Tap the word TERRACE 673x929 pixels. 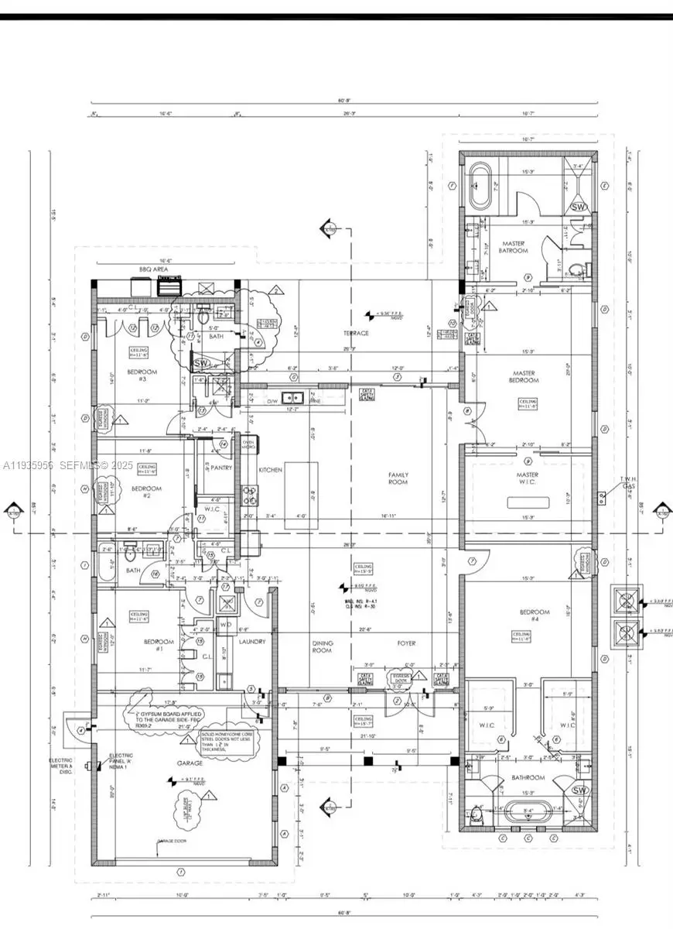356,333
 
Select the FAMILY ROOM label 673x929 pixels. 398,478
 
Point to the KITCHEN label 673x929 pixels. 270,470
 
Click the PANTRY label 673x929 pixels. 211,468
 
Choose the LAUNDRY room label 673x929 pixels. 252,641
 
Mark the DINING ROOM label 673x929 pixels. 322,646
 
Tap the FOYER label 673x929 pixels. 407,643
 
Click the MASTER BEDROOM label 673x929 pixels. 524,376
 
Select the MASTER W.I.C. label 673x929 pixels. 528,480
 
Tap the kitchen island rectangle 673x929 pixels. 301,495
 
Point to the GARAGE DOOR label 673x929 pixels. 174,841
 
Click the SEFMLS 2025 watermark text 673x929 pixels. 68,465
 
